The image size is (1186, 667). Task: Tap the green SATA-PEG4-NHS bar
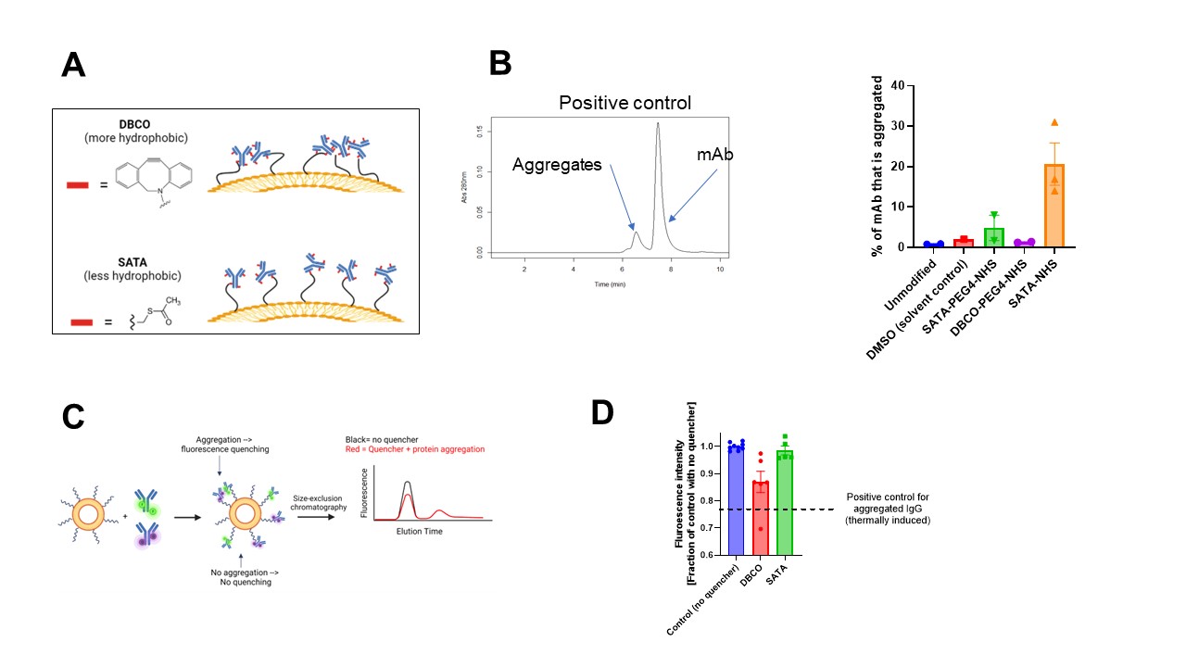click(x=993, y=237)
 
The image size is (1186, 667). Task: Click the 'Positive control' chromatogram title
click(x=625, y=102)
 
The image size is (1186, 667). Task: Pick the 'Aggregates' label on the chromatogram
click(x=557, y=165)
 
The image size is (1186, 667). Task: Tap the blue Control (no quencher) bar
click(x=736, y=500)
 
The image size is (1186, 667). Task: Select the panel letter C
click(x=75, y=416)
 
